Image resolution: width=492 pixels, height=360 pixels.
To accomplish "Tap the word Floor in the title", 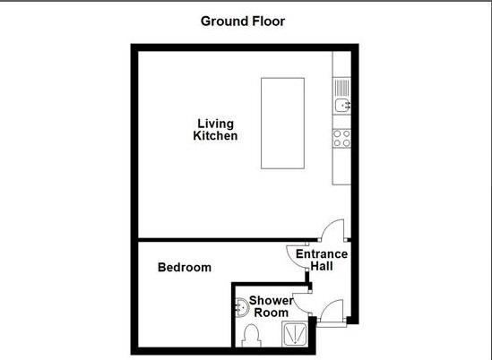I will tap(267, 21).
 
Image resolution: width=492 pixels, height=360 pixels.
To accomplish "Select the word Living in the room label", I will tap(216, 124).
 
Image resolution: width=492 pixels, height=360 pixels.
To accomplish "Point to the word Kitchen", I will tap(216, 137).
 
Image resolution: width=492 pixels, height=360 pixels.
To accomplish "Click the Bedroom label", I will tap(185, 267).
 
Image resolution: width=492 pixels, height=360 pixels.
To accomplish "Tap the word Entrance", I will tap(322, 254).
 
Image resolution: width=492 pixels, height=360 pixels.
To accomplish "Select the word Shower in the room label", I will tap(271, 300).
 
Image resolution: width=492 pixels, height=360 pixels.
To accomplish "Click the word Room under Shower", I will tap(270, 313).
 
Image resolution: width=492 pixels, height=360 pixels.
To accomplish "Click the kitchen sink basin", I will tap(341, 107).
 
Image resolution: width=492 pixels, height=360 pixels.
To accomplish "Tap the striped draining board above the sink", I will tap(341, 88).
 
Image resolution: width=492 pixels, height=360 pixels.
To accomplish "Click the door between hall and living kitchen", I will tap(332, 232).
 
